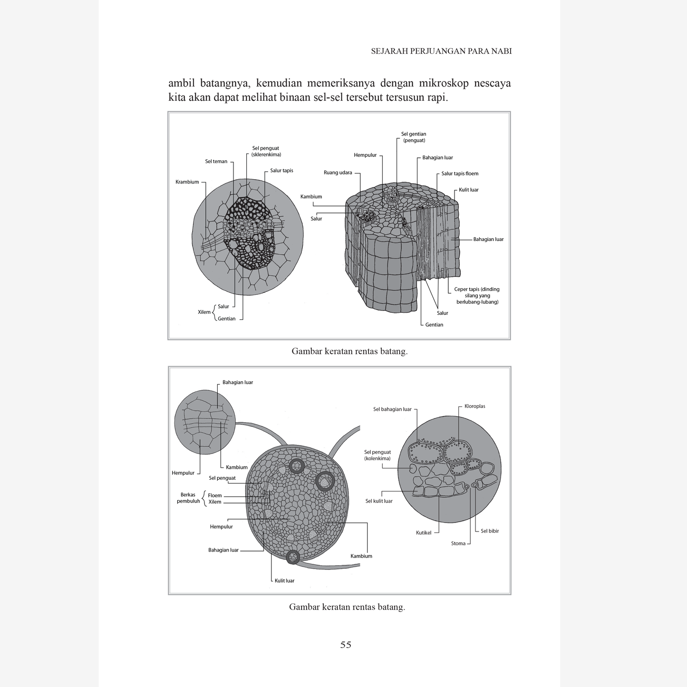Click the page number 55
point(346,645)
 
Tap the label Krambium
point(187,182)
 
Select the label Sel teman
point(216,162)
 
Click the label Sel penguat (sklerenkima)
point(266,151)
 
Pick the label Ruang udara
point(338,173)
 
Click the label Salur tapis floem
point(460,174)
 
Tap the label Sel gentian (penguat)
point(414,137)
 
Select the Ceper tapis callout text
point(477,295)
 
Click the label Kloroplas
point(474,406)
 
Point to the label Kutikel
point(423,533)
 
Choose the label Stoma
point(458,543)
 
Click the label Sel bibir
point(490,531)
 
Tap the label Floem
point(215,495)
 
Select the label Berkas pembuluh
point(188,498)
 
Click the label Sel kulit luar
point(379,501)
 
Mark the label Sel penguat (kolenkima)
point(377,455)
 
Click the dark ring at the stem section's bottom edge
point(293,557)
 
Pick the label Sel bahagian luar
point(392,409)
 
